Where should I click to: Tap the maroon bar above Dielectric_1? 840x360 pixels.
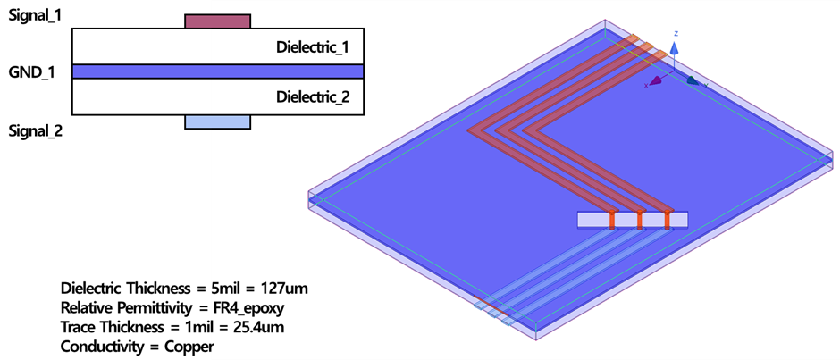(x=218, y=21)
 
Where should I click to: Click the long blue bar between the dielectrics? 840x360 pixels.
(x=218, y=71)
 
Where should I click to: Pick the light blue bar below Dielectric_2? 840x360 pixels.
(x=218, y=122)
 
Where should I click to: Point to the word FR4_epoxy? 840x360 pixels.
(x=249, y=308)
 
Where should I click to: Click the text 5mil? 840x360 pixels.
(x=224, y=289)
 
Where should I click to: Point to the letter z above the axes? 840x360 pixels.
(x=676, y=33)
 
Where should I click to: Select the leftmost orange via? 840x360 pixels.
(x=613, y=219)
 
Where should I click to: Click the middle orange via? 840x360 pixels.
(x=641, y=219)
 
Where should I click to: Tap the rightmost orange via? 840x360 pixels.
(x=668, y=219)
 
